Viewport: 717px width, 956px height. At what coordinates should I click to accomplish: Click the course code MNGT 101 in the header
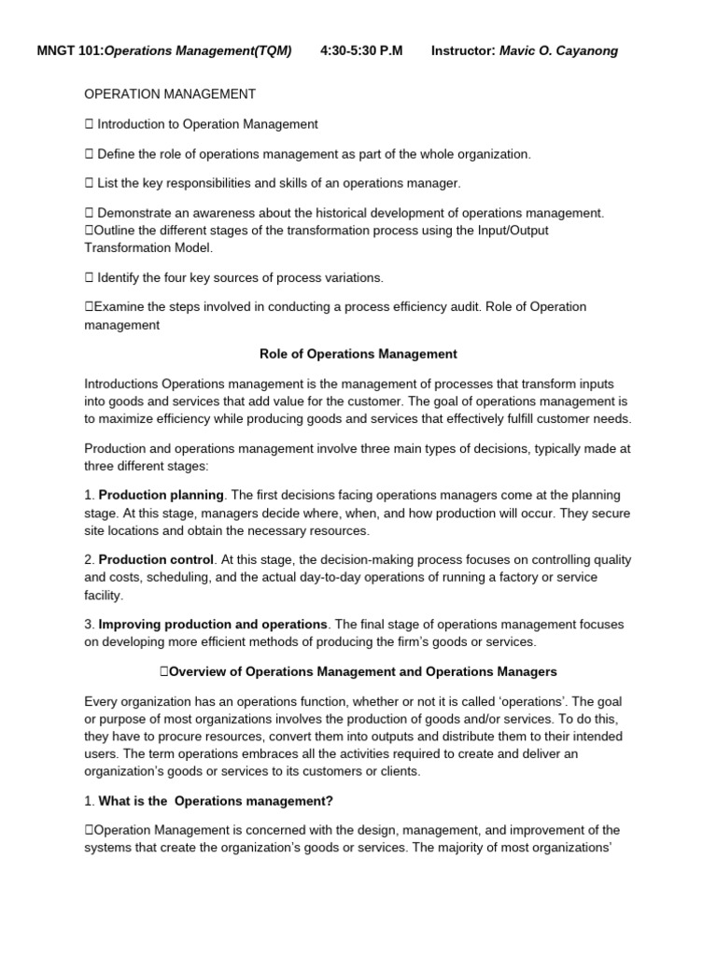[x=69, y=50]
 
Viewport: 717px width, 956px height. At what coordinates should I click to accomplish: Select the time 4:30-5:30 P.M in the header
[x=361, y=50]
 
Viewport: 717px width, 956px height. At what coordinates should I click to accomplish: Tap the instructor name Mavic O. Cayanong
[x=558, y=50]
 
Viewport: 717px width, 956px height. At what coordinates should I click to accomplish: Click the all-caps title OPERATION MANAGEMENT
[x=169, y=94]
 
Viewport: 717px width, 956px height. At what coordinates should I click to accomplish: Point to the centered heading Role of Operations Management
[x=358, y=354]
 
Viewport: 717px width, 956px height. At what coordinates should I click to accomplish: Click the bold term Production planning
[x=161, y=495]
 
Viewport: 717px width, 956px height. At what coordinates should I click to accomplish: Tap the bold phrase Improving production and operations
[x=213, y=624]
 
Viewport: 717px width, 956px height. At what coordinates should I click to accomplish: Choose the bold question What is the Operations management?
[x=216, y=801]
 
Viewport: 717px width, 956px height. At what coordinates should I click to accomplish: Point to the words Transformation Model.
[x=148, y=247]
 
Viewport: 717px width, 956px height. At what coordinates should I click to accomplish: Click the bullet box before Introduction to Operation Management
[x=89, y=124]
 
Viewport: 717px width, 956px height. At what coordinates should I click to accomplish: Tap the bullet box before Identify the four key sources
[x=89, y=277]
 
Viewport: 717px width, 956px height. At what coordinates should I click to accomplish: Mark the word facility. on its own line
[x=104, y=595]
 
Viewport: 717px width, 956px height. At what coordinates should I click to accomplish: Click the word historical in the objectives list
[x=351, y=213]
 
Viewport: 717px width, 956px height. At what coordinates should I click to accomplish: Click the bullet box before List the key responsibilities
[x=89, y=183]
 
